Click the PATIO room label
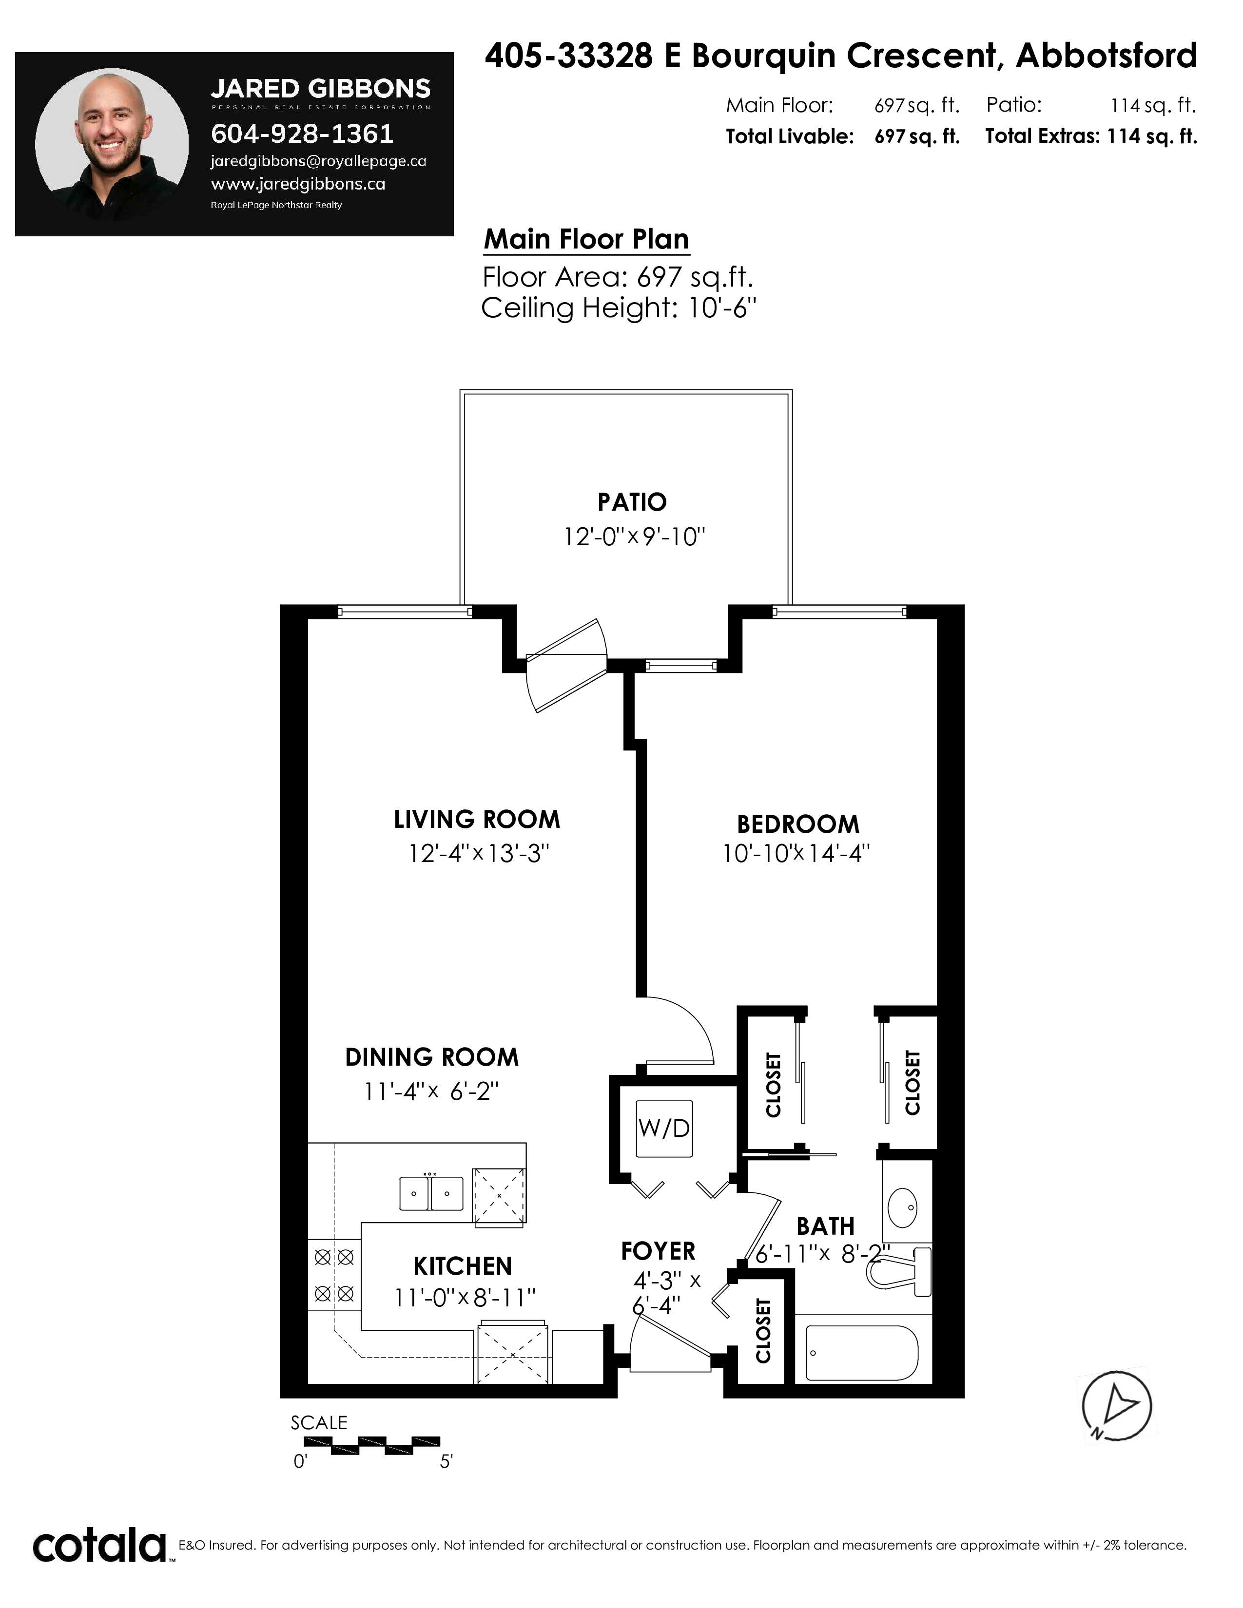[632, 502]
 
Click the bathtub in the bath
[861, 1353]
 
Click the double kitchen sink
[431, 1193]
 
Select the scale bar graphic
[372, 1445]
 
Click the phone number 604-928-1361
[302, 133]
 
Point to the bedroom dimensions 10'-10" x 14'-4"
[796, 853]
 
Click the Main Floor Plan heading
[586, 239]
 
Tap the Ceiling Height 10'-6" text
[619, 308]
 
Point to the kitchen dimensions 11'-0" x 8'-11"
[465, 1297]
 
